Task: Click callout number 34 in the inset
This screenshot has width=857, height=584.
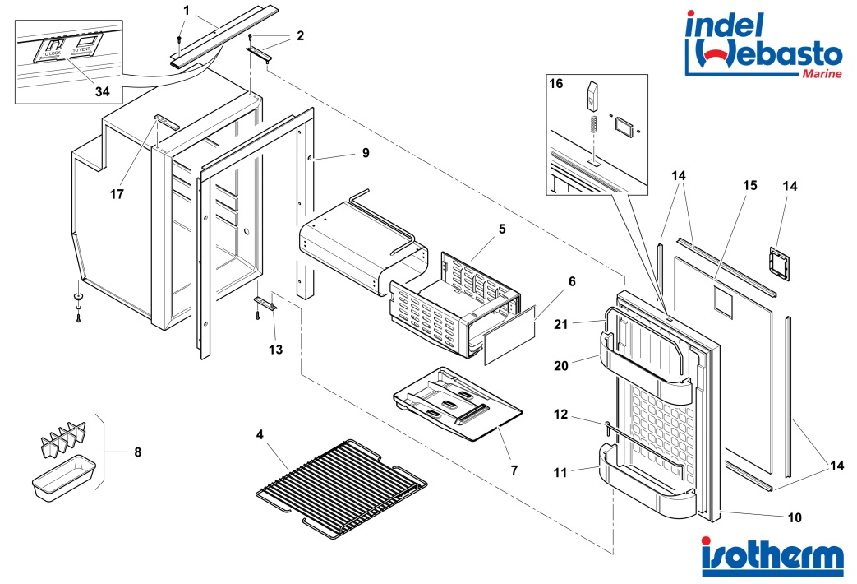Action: pyautogui.click(x=102, y=90)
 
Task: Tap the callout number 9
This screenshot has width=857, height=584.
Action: pyautogui.click(x=365, y=154)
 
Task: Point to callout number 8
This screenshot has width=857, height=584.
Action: pyautogui.click(x=137, y=452)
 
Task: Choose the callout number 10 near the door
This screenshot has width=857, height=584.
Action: pyautogui.click(x=794, y=518)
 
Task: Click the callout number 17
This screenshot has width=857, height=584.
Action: pyautogui.click(x=117, y=194)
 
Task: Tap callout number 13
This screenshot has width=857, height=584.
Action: pyautogui.click(x=275, y=350)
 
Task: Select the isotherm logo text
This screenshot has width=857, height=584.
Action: pyautogui.click(x=772, y=557)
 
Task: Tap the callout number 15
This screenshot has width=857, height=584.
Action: pyautogui.click(x=749, y=187)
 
